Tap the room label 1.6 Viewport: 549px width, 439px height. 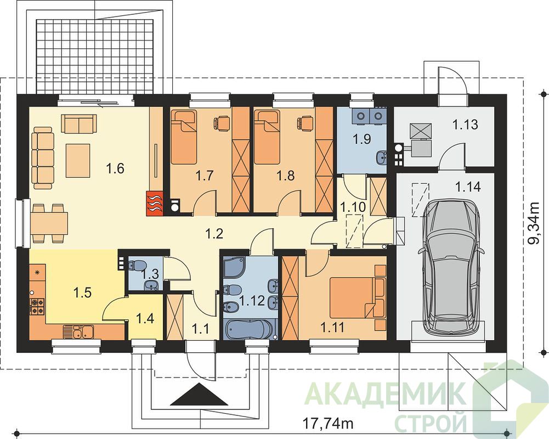[x=115, y=169]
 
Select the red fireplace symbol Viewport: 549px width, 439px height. [x=154, y=202]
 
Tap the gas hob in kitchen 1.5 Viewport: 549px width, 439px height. [x=37, y=306]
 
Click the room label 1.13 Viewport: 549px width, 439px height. [x=465, y=125]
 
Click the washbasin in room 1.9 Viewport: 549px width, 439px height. [x=382, y=157]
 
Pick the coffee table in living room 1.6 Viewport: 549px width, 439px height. [x=79, y=161]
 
